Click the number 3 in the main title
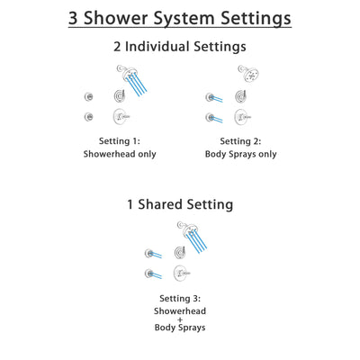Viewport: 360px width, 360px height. (x=75, y=18)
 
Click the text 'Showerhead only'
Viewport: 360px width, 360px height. (x=119, y=154)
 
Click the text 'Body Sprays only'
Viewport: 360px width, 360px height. (x=240, y=154)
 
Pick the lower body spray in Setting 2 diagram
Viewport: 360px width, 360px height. (x=210, y=117)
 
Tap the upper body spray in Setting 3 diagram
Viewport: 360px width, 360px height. (x=149, y=254)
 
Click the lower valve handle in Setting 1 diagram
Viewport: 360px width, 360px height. (x=120, y=116)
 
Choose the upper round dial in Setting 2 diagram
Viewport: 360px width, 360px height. (x=241, y=96)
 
